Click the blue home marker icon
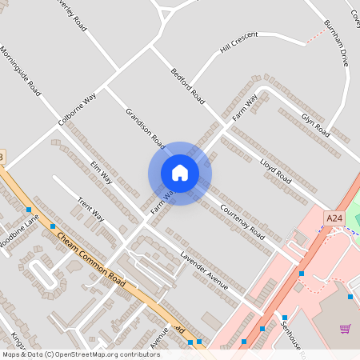click(180, 173)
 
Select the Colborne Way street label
click(77, 110)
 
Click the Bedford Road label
click(187, 86)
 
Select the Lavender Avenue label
click(204, 272)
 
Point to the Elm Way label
click(102, 171)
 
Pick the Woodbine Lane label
click(18, 233)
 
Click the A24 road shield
click(334, 218)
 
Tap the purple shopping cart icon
click(345, 329)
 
